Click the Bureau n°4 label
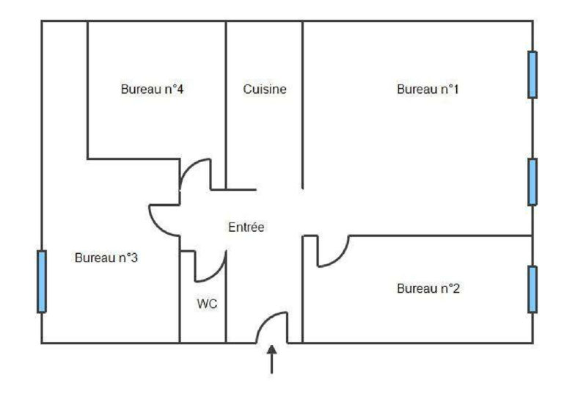(151, 90)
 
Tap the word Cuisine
(265, 90)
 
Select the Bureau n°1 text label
(428, 90)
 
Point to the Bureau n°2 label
(428, 288)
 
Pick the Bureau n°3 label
(106, 258)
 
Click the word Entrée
(246, 227)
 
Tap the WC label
(208, 303)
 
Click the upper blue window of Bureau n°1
(532, 74)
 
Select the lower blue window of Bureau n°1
(532, 181)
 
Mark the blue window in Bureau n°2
(532, 289)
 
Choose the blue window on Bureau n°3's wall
(41, 281)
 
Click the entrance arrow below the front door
(272, 360)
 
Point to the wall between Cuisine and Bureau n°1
(303, 103)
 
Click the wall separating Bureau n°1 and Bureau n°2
(440, 236)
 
